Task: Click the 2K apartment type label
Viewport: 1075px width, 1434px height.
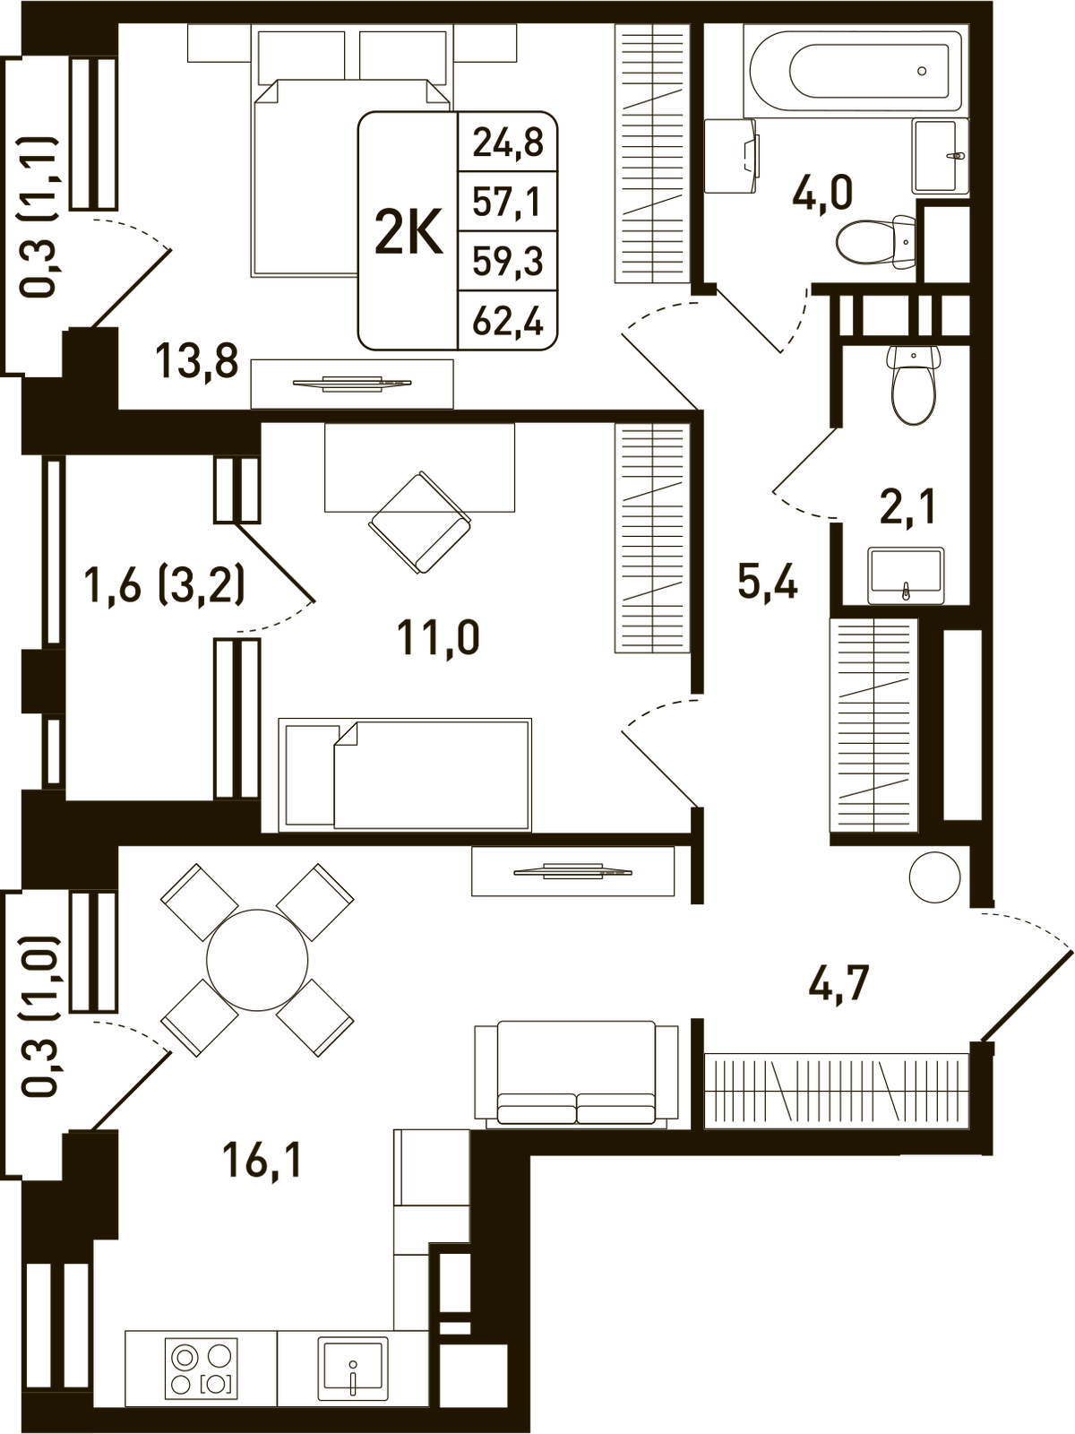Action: pos(409,232)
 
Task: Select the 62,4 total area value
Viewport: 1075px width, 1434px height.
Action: pos(508,322)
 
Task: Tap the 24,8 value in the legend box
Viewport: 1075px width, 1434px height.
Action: pos(508,143)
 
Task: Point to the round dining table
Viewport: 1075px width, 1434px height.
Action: pos(257,961)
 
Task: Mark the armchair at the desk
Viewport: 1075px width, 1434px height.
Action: pos(419,523)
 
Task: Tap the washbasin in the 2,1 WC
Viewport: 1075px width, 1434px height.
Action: pos(906,575)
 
